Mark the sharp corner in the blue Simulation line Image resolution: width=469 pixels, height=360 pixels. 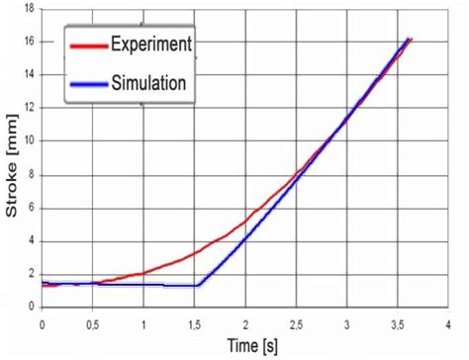tap(197, 285)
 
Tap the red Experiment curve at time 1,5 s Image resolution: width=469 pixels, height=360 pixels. tap(194, 253)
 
